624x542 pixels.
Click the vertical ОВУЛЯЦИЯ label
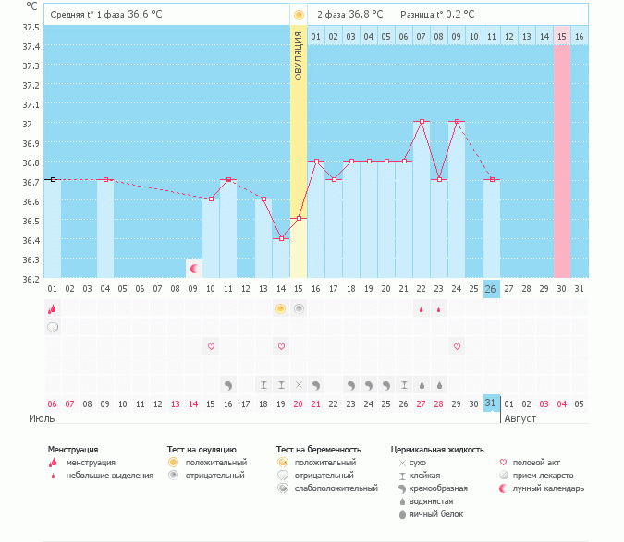[298, 54]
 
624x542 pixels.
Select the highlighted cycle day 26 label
[491, 289]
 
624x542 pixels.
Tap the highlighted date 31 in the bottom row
[491, 403]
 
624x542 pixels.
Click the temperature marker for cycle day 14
[281, 238]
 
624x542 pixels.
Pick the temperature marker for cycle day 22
[421, 122]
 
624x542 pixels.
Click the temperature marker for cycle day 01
[53, 179]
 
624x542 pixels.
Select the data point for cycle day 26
[491, 179]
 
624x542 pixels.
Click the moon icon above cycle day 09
[194, 269]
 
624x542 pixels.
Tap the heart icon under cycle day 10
[211, 346]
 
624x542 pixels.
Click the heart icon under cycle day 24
[456, 346]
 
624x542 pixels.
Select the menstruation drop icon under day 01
[53, 309]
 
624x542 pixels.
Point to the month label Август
[520, 418]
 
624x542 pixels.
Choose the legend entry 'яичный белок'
[437, 514]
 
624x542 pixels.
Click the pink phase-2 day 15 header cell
[561, 36]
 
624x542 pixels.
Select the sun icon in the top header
[298, 15]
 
